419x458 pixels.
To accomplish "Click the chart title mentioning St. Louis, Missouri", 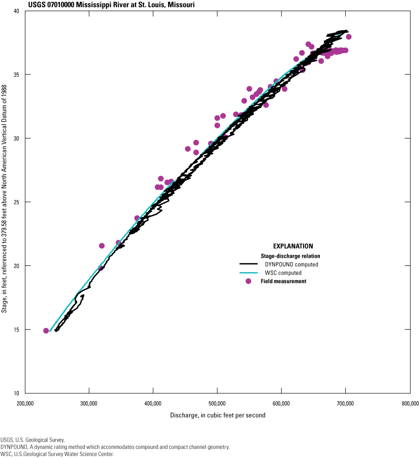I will coord(97,5).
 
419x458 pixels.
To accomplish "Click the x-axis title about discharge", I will coord(217,415).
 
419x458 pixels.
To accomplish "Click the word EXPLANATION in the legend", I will coord(293,246).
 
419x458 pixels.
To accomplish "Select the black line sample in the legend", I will coord(249,264).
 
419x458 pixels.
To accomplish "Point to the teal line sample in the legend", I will coord(249,273).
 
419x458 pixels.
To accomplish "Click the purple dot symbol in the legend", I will coord(248,281).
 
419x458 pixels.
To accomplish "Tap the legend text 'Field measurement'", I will coord(283,281).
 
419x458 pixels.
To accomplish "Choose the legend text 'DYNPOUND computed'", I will coord(291,264).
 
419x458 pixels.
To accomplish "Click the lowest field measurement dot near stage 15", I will coord(46,331).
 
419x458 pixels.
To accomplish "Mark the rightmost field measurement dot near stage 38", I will coord(349,37).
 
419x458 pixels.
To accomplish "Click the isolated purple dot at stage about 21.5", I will coord(102,246).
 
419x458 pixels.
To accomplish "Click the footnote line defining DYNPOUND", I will coord(115,447).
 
